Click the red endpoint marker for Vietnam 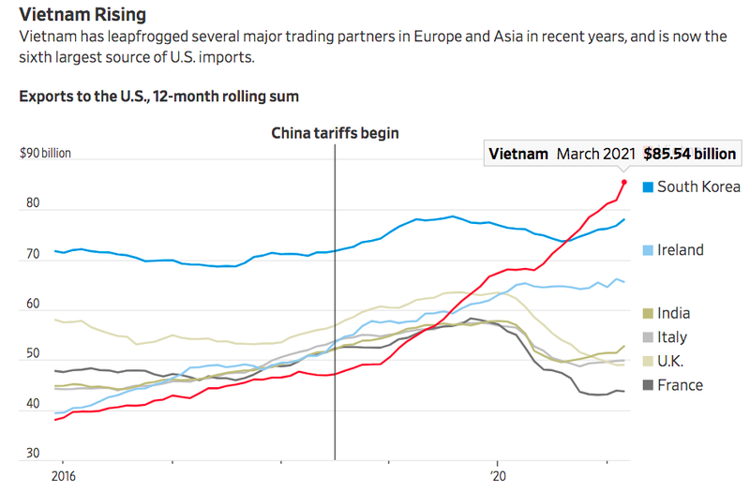624,182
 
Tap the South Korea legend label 699,186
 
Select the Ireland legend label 681,250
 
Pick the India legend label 675,314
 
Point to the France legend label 680,385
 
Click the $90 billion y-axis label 45,154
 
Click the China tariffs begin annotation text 335,133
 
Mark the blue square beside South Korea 647,187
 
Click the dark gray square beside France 647,385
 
